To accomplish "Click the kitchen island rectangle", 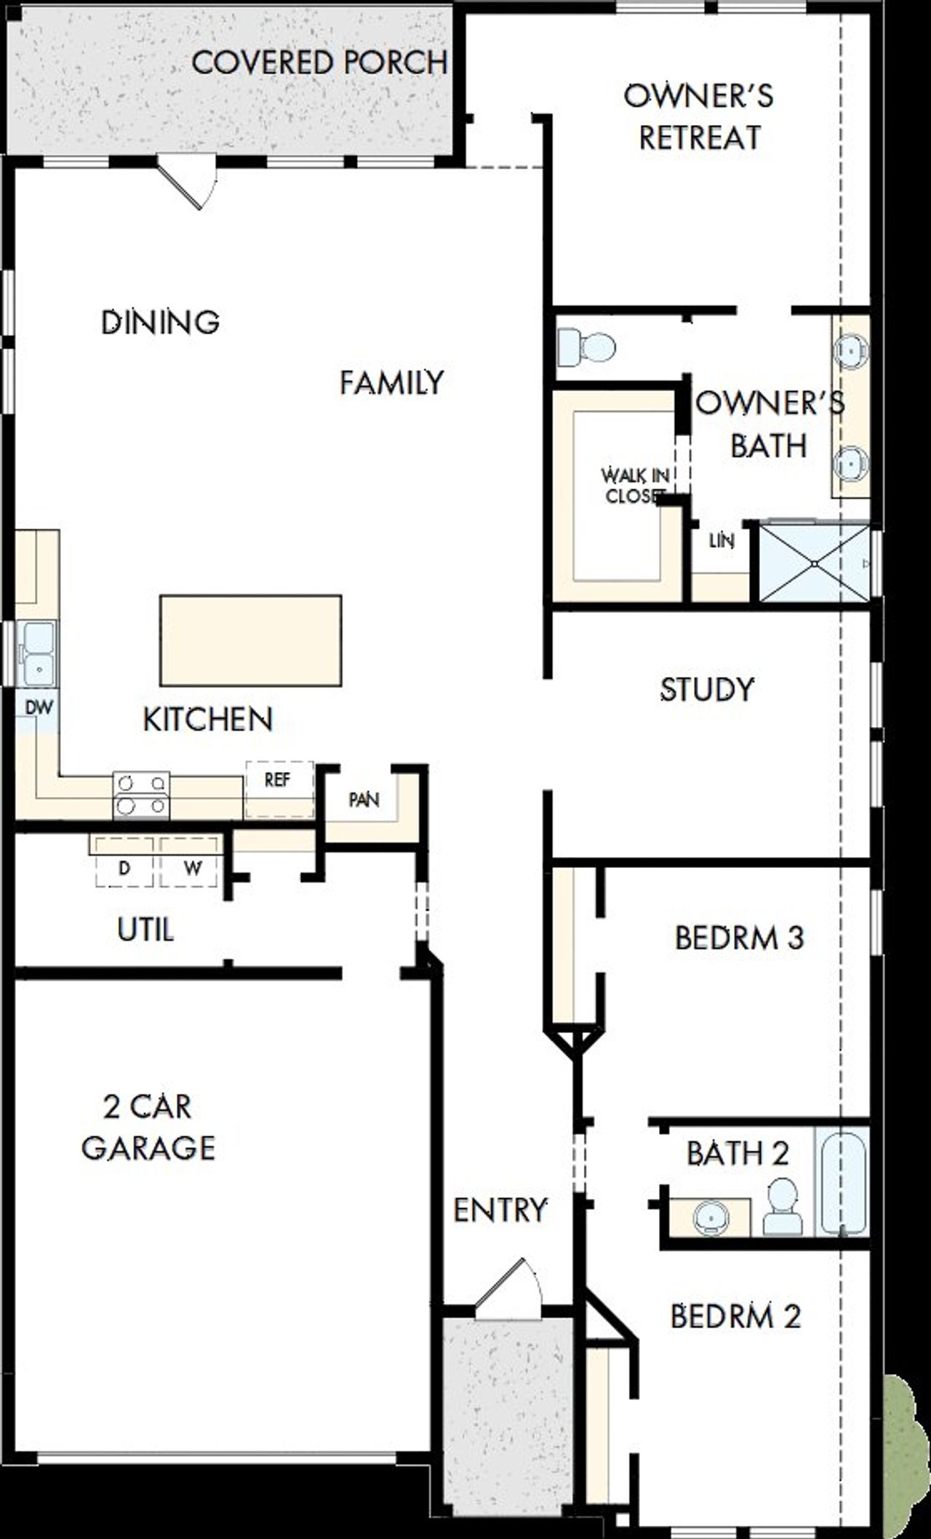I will pos(251,640).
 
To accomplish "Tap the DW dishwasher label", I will pos(39,707).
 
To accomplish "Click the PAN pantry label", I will pos(364,800).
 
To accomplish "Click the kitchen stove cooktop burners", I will pos(141,795).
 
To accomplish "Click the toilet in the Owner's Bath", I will pos(586,347).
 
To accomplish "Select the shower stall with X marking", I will pos(815,563).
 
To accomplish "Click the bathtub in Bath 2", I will pos(842,1181).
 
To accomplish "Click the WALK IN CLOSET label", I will pos(635,486).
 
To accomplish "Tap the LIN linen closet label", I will pos(722,540).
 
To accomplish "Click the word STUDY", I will pos(707,689).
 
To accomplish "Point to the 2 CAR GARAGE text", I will pos(148,1127).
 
